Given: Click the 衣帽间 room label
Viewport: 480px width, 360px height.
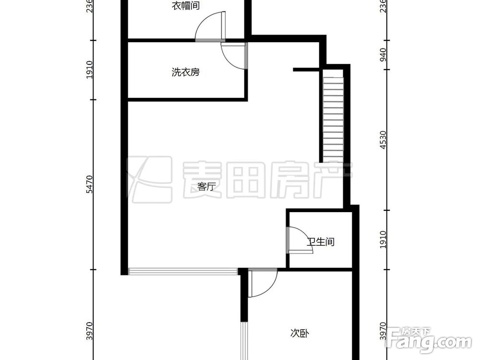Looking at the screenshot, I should pos(185,6).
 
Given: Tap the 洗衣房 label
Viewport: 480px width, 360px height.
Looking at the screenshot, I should pos(185,72).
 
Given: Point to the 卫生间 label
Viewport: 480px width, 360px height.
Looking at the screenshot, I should pos(320,241).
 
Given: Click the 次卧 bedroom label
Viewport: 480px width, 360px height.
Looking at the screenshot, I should pos(299,333).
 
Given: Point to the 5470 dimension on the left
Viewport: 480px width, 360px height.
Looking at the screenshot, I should pos(90,184).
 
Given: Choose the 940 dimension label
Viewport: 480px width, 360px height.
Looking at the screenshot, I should pos(383,55).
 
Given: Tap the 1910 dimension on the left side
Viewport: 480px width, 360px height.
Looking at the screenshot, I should pos(90,70).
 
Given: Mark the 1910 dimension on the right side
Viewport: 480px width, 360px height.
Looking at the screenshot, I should pos(383,240).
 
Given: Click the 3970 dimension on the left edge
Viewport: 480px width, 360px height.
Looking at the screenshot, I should pos(90,331).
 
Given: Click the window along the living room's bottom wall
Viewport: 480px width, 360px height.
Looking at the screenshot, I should pos(182,272).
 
